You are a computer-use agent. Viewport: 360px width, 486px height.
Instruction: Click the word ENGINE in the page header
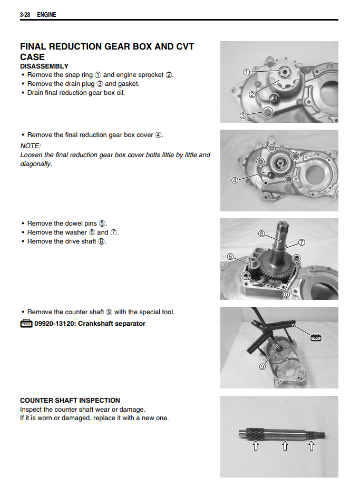click(x=46, y=15)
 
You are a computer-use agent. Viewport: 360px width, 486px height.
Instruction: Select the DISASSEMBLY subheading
click(x=44, y=66)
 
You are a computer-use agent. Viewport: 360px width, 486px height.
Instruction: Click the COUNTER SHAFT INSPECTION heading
click(x=70, y=401)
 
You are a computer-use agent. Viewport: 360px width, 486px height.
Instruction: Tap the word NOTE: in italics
click(x=31, y=145)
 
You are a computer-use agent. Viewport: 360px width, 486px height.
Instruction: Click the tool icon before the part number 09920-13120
click(x=26, y=324)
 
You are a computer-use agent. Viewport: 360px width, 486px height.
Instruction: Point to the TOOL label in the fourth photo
click(x=316, y=338)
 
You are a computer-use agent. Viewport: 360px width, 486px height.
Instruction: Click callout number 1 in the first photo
click(x=246, y=72)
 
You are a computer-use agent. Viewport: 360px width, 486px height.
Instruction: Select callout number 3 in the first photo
click(x=243, y=115)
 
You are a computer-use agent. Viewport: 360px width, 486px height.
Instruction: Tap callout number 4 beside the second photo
click(x=235, y=180)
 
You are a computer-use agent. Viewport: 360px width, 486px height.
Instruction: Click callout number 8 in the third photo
click(x=261, y=233)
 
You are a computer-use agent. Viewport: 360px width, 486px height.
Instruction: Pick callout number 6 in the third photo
click(x=230, y=257)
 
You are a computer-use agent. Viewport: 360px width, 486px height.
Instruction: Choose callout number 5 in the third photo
click(x=287, y=294)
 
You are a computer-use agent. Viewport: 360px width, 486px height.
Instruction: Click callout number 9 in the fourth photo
click(x=262, y=366)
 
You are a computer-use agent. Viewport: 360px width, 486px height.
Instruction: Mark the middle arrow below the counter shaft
click(x=285, y=446)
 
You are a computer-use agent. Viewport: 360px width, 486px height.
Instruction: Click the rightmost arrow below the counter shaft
click(x=311, y=446)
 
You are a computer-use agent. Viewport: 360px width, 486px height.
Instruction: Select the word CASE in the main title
click(x=32, y=57)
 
